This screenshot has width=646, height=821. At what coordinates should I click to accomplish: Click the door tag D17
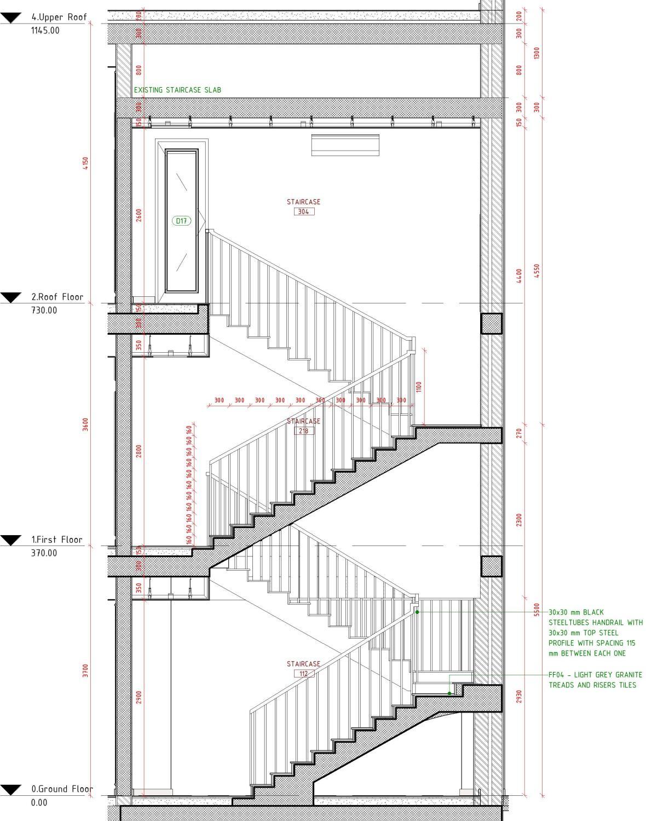(x=182, y=221)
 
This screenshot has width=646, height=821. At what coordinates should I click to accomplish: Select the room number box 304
(x=304, y=211)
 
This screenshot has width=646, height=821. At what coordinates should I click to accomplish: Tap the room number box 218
(x=304, y=431)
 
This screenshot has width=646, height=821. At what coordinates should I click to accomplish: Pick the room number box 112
(x=304, y=674)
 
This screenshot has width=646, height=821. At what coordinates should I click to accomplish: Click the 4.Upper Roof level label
(x=59, y=17)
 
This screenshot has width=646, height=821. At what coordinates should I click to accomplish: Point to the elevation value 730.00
(x=44, y=310)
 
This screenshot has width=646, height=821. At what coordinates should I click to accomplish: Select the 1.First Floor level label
(x=57, y=539)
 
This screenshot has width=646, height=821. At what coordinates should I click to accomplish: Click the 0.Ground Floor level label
(x=62, y=789)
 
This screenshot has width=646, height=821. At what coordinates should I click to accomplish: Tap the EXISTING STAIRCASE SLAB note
(x=177, y=90)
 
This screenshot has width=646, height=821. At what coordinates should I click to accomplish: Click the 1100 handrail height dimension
(x=419, y=387)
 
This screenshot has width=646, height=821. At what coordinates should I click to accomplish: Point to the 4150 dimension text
(x=85, y=163)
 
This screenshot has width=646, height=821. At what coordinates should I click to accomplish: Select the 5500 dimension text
(x=537, y=610)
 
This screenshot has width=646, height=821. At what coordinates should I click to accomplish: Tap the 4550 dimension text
(x=537, y=271)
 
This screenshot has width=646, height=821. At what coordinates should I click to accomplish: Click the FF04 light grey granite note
(x=595, y=680)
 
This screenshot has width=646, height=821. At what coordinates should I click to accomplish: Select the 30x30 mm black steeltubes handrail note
(x=595, y=633)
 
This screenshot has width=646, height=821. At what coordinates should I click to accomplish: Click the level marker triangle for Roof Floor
(x=10, y=297)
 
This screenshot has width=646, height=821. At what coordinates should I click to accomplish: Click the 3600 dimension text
(x=85, y=424)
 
